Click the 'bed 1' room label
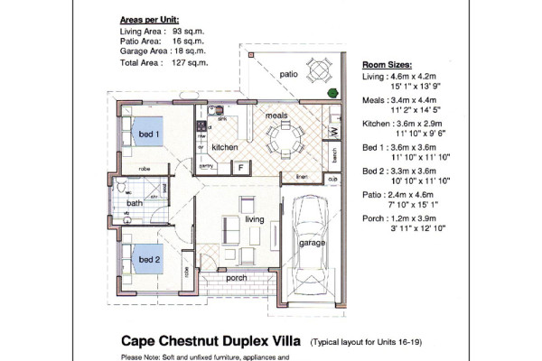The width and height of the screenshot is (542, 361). [x=148, y=134]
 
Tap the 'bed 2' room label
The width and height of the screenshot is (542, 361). [x=148, y=260]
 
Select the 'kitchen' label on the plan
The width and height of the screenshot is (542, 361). [x=224, y=147]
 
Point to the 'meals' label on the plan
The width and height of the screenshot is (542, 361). [x=276, y=116]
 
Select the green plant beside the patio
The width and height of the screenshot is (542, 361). [x=332, y=92]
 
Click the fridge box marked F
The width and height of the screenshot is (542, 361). [x=241, y=166]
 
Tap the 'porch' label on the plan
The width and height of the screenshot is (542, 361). [x=237, y=278]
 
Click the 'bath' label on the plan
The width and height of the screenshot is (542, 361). [x=134, y=203]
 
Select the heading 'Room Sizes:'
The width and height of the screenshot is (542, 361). [x=388, y=66]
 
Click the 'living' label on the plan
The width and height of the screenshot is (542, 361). [x=255, y=219]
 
